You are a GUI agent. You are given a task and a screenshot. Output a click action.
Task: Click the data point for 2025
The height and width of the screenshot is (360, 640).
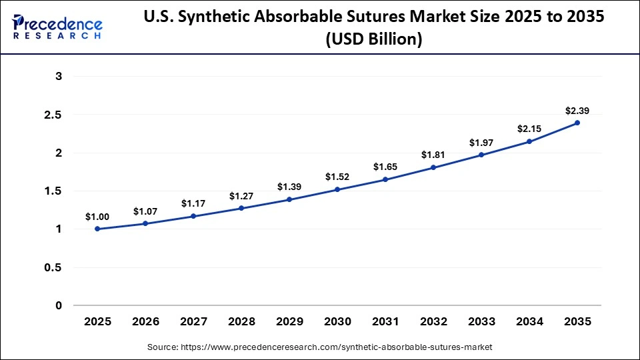click(97, 229)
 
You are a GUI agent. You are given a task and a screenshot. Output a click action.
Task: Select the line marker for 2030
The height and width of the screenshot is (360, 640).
click(337, 189)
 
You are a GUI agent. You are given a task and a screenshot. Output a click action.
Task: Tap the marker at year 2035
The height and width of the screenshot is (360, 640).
click(577, 123)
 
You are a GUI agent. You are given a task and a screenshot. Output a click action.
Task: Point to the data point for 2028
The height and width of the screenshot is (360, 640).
click(241, 208)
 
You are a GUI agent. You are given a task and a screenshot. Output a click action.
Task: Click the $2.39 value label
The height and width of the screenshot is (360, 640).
click(577, 111)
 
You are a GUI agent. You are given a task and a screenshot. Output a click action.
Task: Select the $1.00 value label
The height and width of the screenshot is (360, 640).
click(97, 217)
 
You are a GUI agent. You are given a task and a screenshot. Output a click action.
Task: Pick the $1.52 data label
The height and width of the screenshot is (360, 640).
click(337, 177)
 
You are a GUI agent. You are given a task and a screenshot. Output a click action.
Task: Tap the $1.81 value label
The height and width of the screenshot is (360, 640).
click(433, 155)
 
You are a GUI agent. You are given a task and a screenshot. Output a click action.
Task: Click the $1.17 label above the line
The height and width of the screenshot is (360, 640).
click(193, 203)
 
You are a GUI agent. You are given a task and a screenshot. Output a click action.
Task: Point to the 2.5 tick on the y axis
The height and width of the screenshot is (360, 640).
click(53, 115)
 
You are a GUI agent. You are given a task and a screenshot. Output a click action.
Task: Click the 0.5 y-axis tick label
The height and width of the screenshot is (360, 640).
click(53, 267)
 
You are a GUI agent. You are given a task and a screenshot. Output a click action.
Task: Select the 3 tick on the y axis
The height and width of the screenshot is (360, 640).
click(59, 77)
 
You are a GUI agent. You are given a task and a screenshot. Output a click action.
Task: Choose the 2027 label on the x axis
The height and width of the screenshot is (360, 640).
click(193, 321)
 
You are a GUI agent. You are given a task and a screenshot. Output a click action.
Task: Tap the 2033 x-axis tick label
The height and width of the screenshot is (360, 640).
click(481, 321)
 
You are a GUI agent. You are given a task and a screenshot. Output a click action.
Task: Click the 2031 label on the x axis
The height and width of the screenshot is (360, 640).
click(385, 321)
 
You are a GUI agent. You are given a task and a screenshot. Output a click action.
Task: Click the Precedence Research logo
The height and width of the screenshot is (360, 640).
click(57, 27)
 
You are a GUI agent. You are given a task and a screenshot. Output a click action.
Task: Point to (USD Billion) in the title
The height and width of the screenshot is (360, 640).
click(374, 39)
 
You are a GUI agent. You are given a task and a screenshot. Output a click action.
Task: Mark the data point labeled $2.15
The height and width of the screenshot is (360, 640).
click(529, 141)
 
